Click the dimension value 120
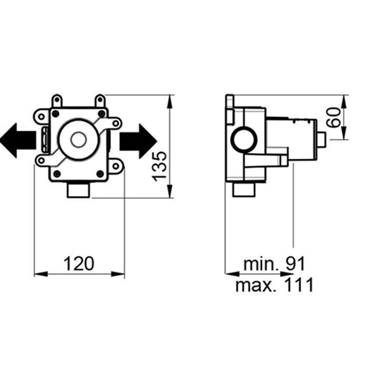coord(79,263)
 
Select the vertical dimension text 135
coord(160,166)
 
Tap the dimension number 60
coord(332,117)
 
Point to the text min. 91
coord(274,263)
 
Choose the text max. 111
coord(274,285)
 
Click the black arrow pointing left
coord(17,141)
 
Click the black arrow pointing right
coord(138,141)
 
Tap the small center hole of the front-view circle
coord(78,140)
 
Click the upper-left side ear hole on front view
coord(41,115)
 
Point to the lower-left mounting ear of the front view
coord(41,160)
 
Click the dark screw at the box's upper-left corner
coord(56,113)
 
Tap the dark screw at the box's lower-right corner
coord(100,173)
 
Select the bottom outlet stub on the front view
coord(78,189)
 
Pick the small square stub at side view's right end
coord(321,140)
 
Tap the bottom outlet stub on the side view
coord(244,189)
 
